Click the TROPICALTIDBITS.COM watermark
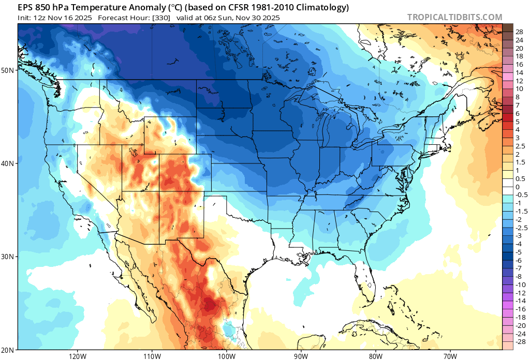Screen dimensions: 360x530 coord(454,17)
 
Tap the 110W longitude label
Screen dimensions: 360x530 coord(152,356)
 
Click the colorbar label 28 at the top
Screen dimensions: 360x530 coord(520,32)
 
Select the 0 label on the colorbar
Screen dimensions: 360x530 coord(518,187)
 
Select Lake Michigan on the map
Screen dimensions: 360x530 coord(326,129)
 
